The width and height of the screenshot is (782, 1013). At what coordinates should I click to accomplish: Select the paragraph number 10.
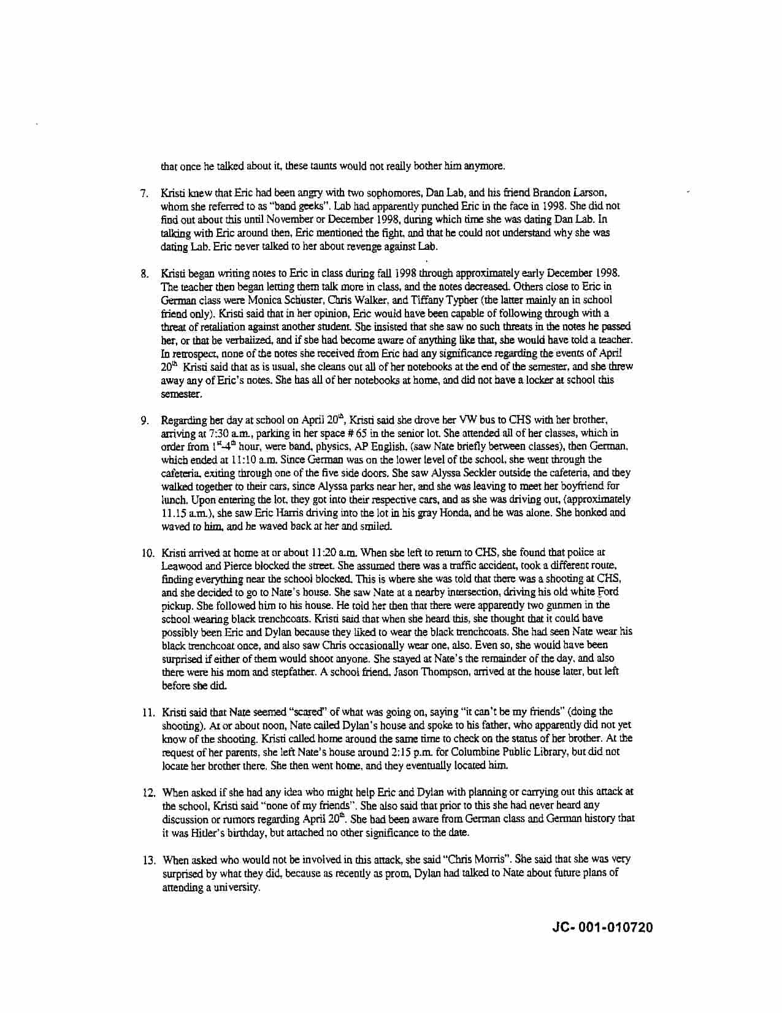(x=147, y=553)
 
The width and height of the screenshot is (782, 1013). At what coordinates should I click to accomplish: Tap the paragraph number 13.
(x=148, y=860)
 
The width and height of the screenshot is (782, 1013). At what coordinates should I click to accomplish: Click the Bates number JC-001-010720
(x=602, y=927)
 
